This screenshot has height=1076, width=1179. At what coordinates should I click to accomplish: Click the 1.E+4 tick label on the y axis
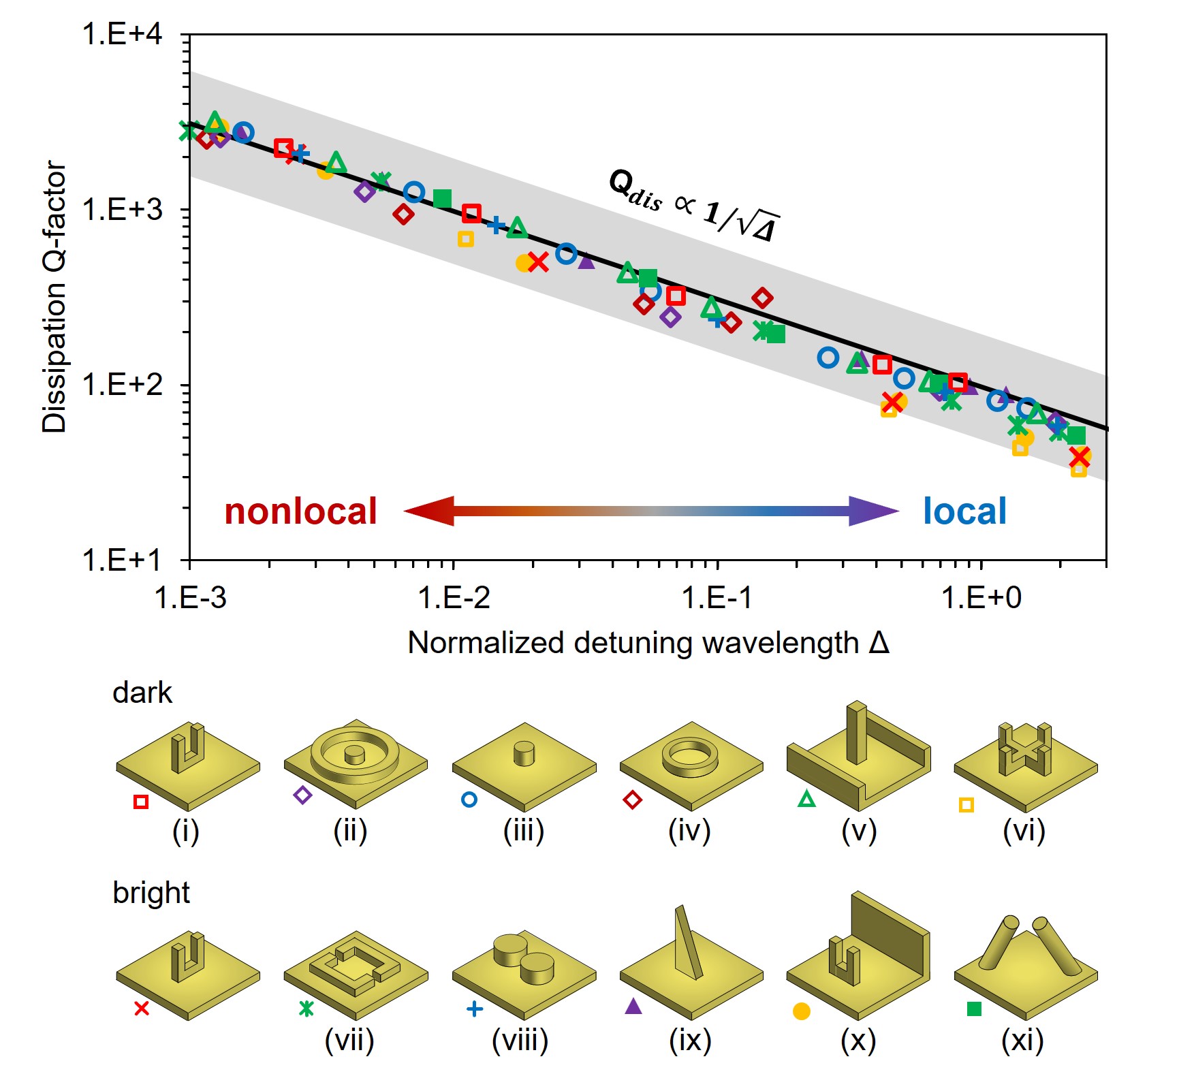123,34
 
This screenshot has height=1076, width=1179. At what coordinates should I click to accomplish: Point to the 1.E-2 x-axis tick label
454,598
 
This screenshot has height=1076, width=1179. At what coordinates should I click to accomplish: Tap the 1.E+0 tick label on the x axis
981,598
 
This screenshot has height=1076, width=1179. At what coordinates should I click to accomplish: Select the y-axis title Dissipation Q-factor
54,297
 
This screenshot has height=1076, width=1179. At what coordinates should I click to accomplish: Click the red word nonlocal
300,511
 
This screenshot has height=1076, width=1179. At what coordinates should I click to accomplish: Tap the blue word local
964,511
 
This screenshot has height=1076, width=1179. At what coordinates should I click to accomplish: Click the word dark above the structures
142,693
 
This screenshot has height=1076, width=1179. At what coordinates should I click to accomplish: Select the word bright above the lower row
151,893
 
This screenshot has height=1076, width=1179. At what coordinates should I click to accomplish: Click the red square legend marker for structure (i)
141,802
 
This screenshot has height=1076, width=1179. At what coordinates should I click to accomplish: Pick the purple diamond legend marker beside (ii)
302,795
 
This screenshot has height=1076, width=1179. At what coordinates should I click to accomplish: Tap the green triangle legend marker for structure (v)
806,799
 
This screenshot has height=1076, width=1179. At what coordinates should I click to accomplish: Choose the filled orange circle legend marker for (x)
802,1011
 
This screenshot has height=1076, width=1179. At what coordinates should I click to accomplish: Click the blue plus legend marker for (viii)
475,1009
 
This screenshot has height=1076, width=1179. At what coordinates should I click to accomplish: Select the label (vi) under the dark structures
1024,831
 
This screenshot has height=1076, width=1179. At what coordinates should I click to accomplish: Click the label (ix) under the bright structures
690,1040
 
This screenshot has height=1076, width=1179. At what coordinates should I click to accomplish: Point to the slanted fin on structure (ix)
687,943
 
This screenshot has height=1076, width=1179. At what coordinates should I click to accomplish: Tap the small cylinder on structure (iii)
524,753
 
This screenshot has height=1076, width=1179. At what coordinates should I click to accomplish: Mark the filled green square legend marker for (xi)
974,1009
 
